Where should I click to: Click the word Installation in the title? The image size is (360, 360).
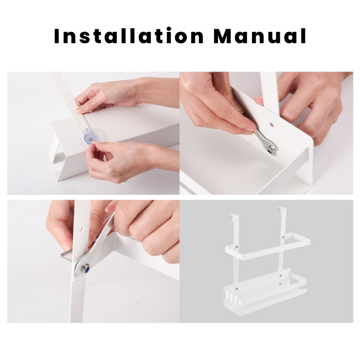click(x=129, y=35)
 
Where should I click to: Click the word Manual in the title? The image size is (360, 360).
click(x=260, y=35)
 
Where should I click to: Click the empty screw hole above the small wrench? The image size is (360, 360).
click(x=272, y=124)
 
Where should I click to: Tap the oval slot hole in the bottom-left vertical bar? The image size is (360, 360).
click(x=83, y=229)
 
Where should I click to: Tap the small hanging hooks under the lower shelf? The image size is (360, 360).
click(x=230, y=296)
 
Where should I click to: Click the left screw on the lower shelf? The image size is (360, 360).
click(x=238, y=287)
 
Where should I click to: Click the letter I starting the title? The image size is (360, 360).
click(x=57, y=36)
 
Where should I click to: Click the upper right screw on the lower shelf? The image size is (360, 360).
click(x=281, y=275)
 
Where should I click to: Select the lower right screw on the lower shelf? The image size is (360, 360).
click(x=281, y=284)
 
